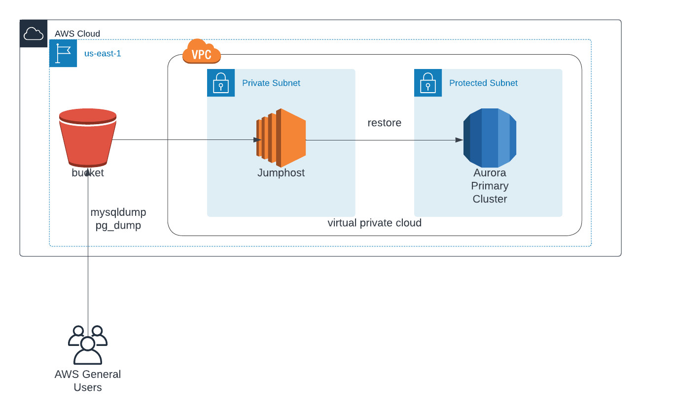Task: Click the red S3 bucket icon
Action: click(x=88, y=137)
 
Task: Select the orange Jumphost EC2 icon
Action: click(x=281, y=138)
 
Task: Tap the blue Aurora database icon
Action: click(x=490, y=138)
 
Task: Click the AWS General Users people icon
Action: click(x=88, y=344)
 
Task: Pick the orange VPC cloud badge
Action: click(x=202, y=52)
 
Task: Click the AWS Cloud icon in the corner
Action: click(x=34, y=34)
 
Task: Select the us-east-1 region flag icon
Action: click(x=63, y=53)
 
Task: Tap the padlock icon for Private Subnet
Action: click(x=221, y=83)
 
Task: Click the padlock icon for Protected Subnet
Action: click(x=428, y=83)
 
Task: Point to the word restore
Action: click(x=384, y=123)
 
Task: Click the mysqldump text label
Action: click(x=118, y=212)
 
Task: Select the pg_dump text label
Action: click(x=118, y=225)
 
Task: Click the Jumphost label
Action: click(x=281, y=173)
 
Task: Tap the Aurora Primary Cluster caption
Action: click(x=490, y=186)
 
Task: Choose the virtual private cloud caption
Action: click(x=374, y=223)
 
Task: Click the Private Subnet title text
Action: click(x=271, y=83)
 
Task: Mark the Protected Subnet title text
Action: click(x=483, y=83)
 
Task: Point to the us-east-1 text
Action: click(x=103, y=53)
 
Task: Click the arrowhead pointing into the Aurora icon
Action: click(x=459, y=140)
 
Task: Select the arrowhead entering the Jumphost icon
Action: click(x=257, y=140)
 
